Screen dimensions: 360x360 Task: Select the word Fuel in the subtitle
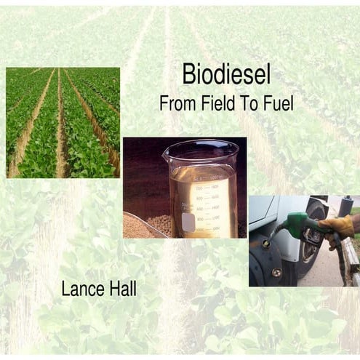coord(277,103)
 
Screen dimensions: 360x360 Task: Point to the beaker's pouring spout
coord(168,151)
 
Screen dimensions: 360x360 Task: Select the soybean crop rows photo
coord(63,122)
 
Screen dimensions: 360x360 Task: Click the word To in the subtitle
coord(252,103)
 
